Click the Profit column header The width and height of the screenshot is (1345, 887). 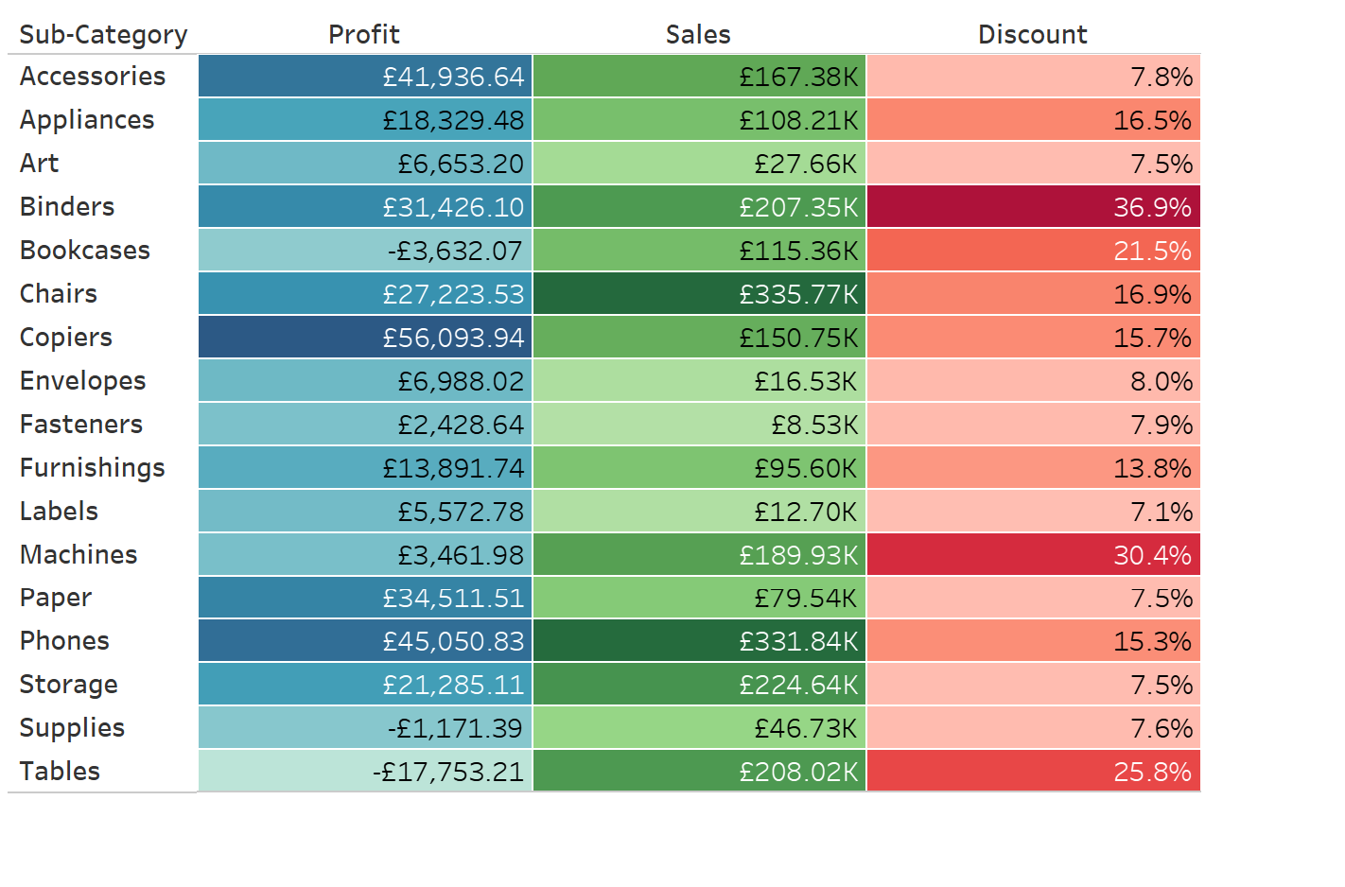pyautogui.click(x=364, y=35)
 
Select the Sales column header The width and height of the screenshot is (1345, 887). pyautogui.click(x=698, y=35)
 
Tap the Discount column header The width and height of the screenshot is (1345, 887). pyautogui.click(x=1032, y=35)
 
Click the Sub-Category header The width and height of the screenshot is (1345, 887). pyautogui.click(x=103, y=35)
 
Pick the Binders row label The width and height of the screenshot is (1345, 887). pyautogui.click(x=67, y=207)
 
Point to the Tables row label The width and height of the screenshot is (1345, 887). pyautogui.click(x=60, y=772)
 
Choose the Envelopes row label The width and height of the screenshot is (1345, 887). pyautogui.click(x=83, y=381)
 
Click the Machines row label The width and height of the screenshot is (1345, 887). pyautogui.click(x=79, y=555)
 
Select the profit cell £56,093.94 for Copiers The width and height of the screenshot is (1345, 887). pyautogui.click(x=365, y=338)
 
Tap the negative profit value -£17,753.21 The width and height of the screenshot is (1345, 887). pyautogui.click(x=365, y=772)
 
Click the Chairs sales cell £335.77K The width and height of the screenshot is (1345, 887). pyautogui.click(x=699, y=294)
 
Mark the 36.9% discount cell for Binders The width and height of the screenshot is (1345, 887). pyautogui.click(x=1033, y=207)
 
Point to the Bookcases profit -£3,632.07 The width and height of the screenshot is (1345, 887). pyautogui.click(x=365, y=251)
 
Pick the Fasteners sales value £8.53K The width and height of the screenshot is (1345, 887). pyautogui.click(x=699, y=425)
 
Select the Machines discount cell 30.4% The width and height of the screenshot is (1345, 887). pyautogui.click(x=1033, y=555)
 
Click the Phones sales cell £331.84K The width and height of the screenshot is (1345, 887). pyautogui.click(x=699, y=641)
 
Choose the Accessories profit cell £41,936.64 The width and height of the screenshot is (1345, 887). pyautogui.click(x=365, y=77)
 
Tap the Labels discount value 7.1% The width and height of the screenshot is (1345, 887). pyautogui.click(x=1033, y=512)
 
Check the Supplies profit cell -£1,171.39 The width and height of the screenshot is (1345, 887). pyautogui.click(x=365, y=728)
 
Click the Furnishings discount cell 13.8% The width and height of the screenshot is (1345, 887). pyautogui.click(x=1033, y=468)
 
